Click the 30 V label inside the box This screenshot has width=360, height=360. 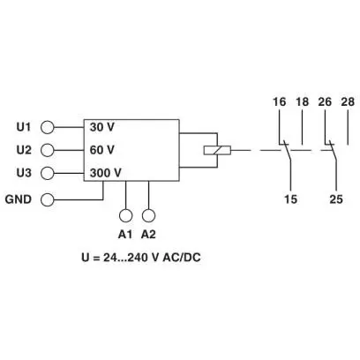[x=102, y=127]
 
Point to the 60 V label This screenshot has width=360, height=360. [x=102, y=150]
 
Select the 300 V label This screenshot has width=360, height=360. [x=106, y=173]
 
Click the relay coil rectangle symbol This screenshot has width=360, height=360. [x=217, y=150]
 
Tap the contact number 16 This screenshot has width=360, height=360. [x=279, y=102]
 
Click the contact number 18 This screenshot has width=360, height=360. [x=303, y=102]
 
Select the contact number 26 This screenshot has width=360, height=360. [x=325, y=102]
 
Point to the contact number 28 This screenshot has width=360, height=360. [x=348, y=102]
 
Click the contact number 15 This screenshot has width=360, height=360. [x=290, y=199]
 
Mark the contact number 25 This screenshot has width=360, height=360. [x=336, y=199]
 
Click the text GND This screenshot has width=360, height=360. [x=19, y=199]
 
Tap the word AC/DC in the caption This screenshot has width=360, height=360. [x=182, y=258]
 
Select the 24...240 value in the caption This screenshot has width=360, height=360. [x=125, y=258]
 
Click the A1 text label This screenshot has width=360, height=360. [x=125, y=235]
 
